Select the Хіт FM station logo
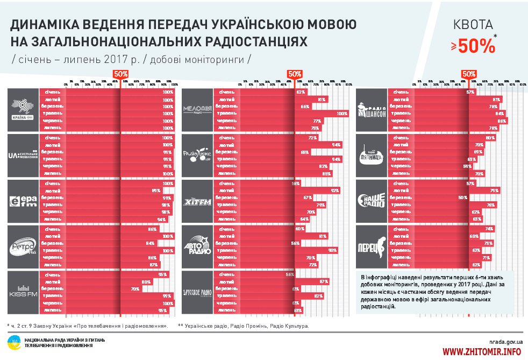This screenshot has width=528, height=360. click(x=197, y=201)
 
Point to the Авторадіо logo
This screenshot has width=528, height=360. click(x=197, y=247)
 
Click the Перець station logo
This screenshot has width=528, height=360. click(x=372, y=247)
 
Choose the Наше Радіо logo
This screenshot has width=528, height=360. click(x=372, y=201)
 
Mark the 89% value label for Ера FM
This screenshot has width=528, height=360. click(x=156, y=190)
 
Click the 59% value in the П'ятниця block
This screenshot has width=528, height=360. click(x=467, y=167)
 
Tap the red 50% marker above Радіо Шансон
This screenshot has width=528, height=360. click(x=469, y=74)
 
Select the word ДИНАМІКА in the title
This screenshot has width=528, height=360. click(x=43, y=26)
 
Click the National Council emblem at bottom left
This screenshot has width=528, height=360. click(x=13, y=342)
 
